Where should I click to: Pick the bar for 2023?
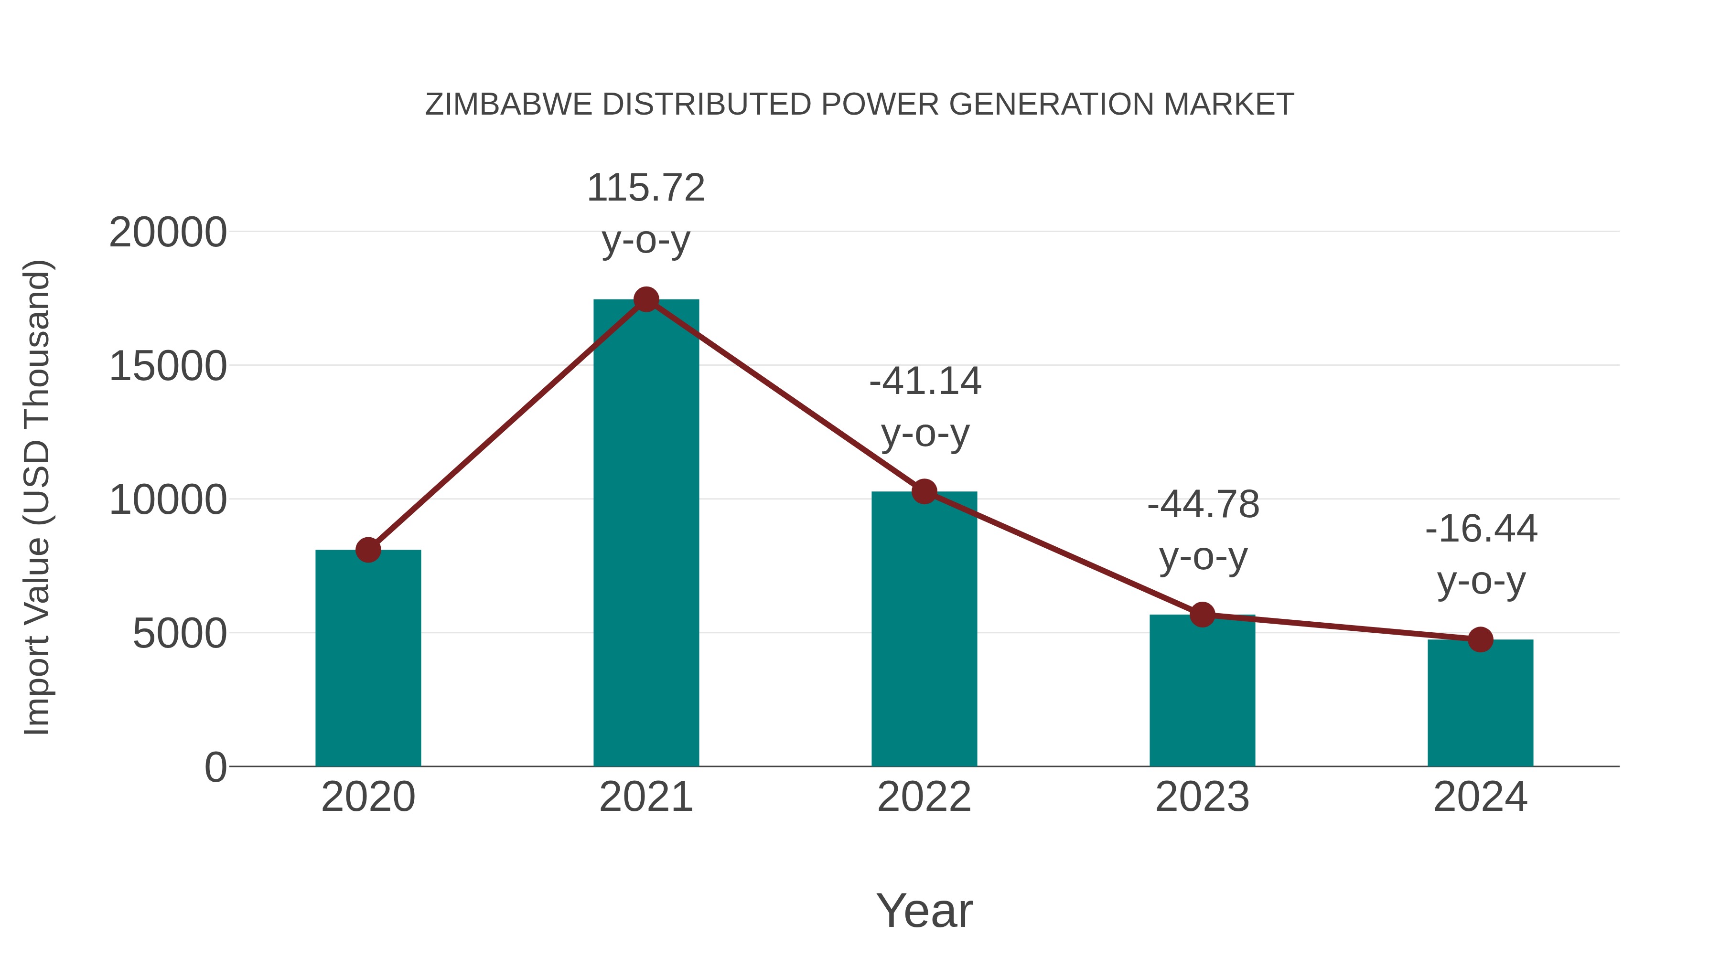coord(1202,690)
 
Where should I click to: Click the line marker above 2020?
coord(368,550)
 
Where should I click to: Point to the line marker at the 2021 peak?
coord(645,299)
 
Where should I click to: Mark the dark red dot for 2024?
coord(1480,639)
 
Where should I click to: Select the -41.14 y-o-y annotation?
coord(925,406)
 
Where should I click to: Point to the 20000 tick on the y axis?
coord(168,233)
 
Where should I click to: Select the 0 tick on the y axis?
coord(215,767)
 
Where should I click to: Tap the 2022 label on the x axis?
coord(924,797)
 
